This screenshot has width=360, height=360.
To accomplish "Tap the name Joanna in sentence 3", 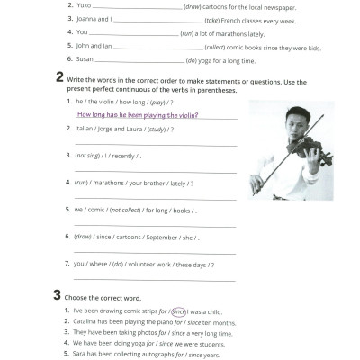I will (x=90, y=18).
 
